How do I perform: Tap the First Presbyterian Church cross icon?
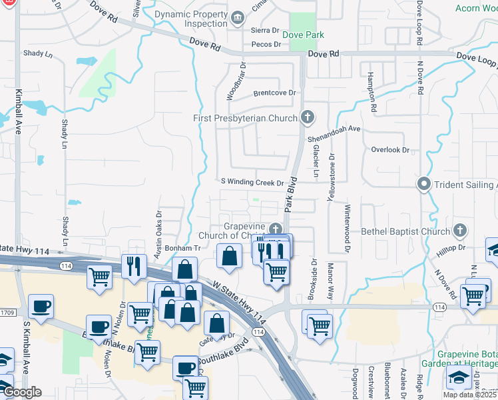(306, 118)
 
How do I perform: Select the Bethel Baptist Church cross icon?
(459, 231)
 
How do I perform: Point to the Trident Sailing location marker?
(423, 183)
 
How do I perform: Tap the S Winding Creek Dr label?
(253, 182)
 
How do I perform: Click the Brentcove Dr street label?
(274, 93)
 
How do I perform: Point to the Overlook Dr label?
(390, 150)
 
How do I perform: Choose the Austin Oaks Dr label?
(158, 235)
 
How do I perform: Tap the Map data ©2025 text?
(468, 395)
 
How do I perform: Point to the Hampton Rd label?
(372, 93)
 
